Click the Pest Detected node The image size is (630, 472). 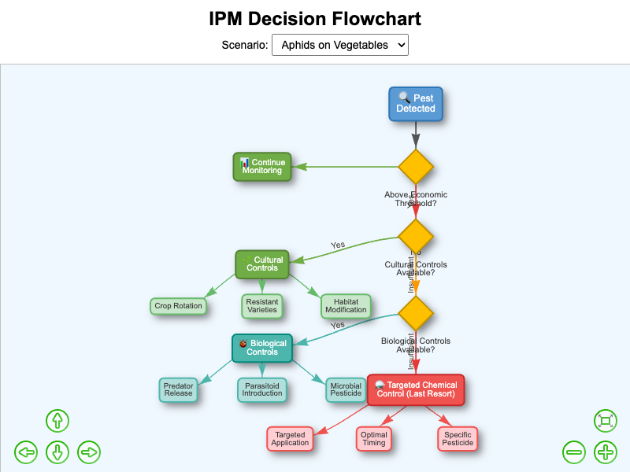point(416,104)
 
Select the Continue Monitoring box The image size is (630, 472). point(262,167)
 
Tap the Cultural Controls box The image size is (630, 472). point(262,264)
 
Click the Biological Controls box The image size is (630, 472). point(262,348)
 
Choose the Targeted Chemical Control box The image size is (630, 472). point(416,389)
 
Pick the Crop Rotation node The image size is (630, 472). point(179,306)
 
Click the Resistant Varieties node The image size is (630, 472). point(262,306)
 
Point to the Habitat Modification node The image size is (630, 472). point(346,306)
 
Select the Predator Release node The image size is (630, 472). point(179,390)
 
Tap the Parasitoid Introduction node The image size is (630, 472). point(261,390)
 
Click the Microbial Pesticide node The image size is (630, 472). point(346,390)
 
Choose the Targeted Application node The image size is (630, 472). point(290,439)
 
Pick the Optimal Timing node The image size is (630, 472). point(373,439)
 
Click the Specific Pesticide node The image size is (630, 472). point(458,439)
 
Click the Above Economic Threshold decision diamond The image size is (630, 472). point(416,167)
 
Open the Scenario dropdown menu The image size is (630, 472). point(339,45)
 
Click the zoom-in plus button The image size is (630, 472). point(605,452)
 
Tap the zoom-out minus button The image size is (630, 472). point(574,452)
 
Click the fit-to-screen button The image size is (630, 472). point(605,421)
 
